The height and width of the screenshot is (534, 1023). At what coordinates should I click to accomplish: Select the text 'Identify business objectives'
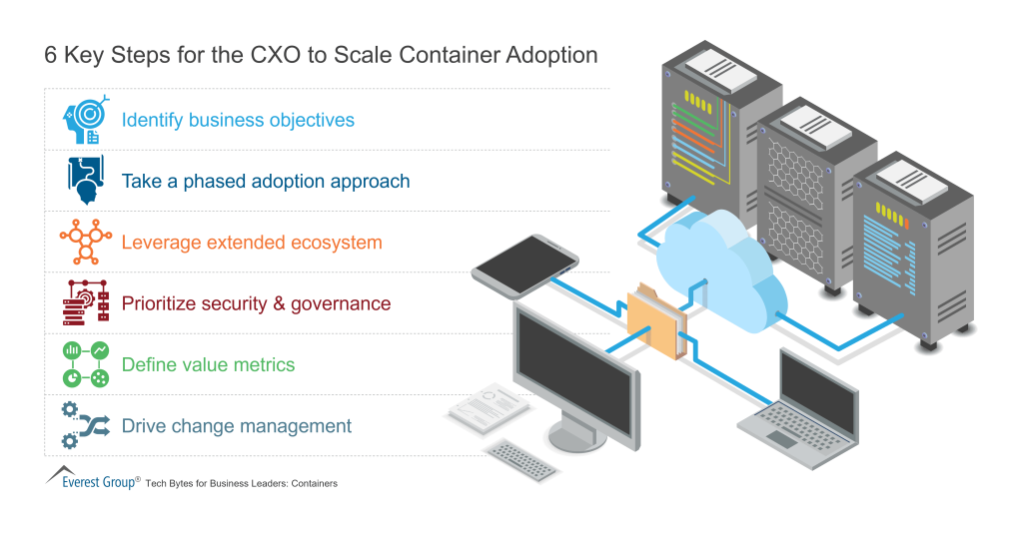tap(238, 121)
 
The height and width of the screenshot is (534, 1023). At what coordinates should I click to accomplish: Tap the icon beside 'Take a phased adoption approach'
tap(86, 181)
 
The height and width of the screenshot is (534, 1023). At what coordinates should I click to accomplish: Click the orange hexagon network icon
tap(85, 242)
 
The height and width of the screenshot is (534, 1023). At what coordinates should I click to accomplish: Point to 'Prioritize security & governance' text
tap(256, 303)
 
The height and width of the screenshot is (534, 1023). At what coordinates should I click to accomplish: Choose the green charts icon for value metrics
tap(86, 364)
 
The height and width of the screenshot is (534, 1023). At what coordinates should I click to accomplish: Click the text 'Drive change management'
tap(237, 426)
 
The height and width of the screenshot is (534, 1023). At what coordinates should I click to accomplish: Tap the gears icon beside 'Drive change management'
tap(84, 425)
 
